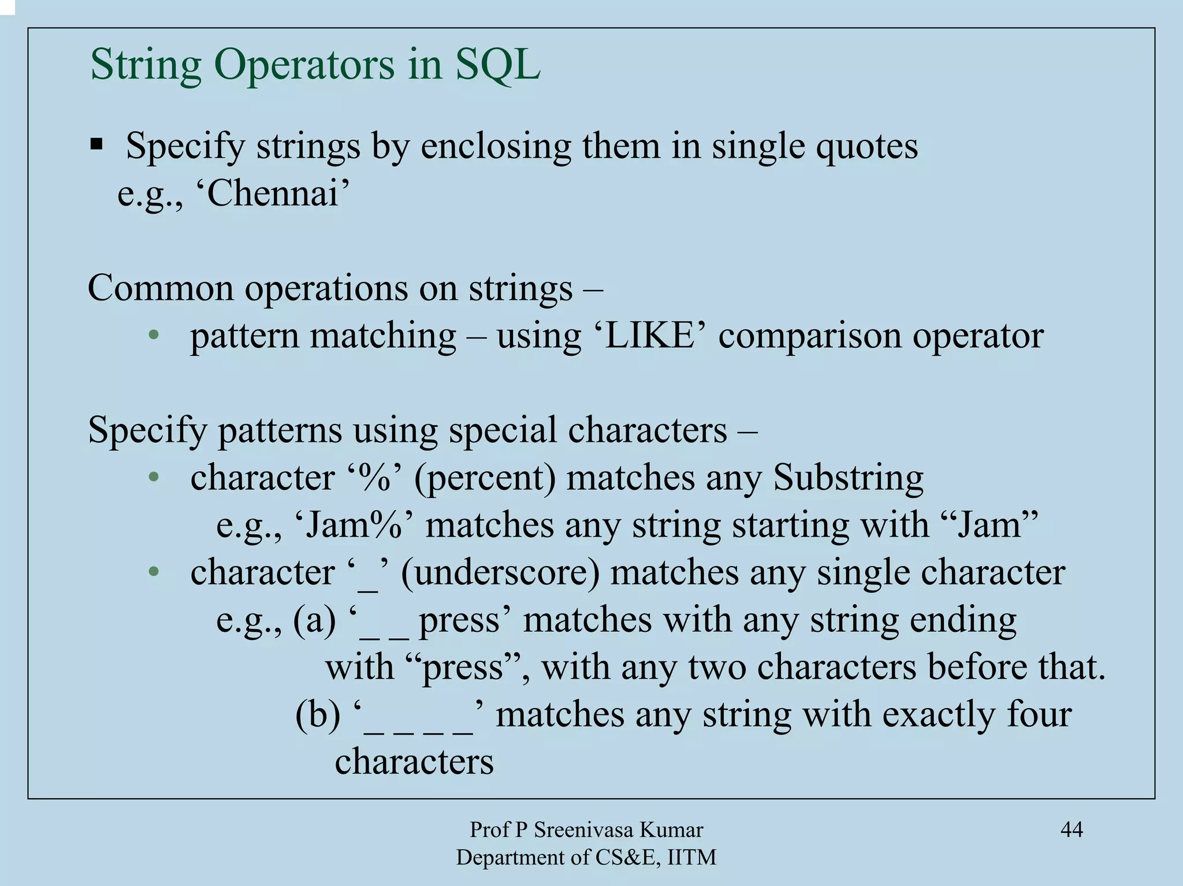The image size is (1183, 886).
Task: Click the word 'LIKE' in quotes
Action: pyautogui.click(x=649, y=336)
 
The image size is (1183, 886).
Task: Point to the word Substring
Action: pyautogui.click(x=848, y=478)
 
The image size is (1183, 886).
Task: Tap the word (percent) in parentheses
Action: pyautogui.click(x=485, y=479)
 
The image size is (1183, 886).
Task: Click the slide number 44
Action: pyautogui.click(x=1072, y=830)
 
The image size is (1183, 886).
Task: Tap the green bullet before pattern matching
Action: pyautogui.click(x=153, y=336)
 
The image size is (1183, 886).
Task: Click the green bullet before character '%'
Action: pyautogui.click(x=153, y=478)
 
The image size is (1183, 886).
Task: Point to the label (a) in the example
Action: pyautogui.click(x=314, y=620)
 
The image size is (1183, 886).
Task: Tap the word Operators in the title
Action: pyautogui.click(x=304, y=65)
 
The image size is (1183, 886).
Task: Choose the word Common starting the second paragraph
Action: pyautogui.click(x=161, y=288)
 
